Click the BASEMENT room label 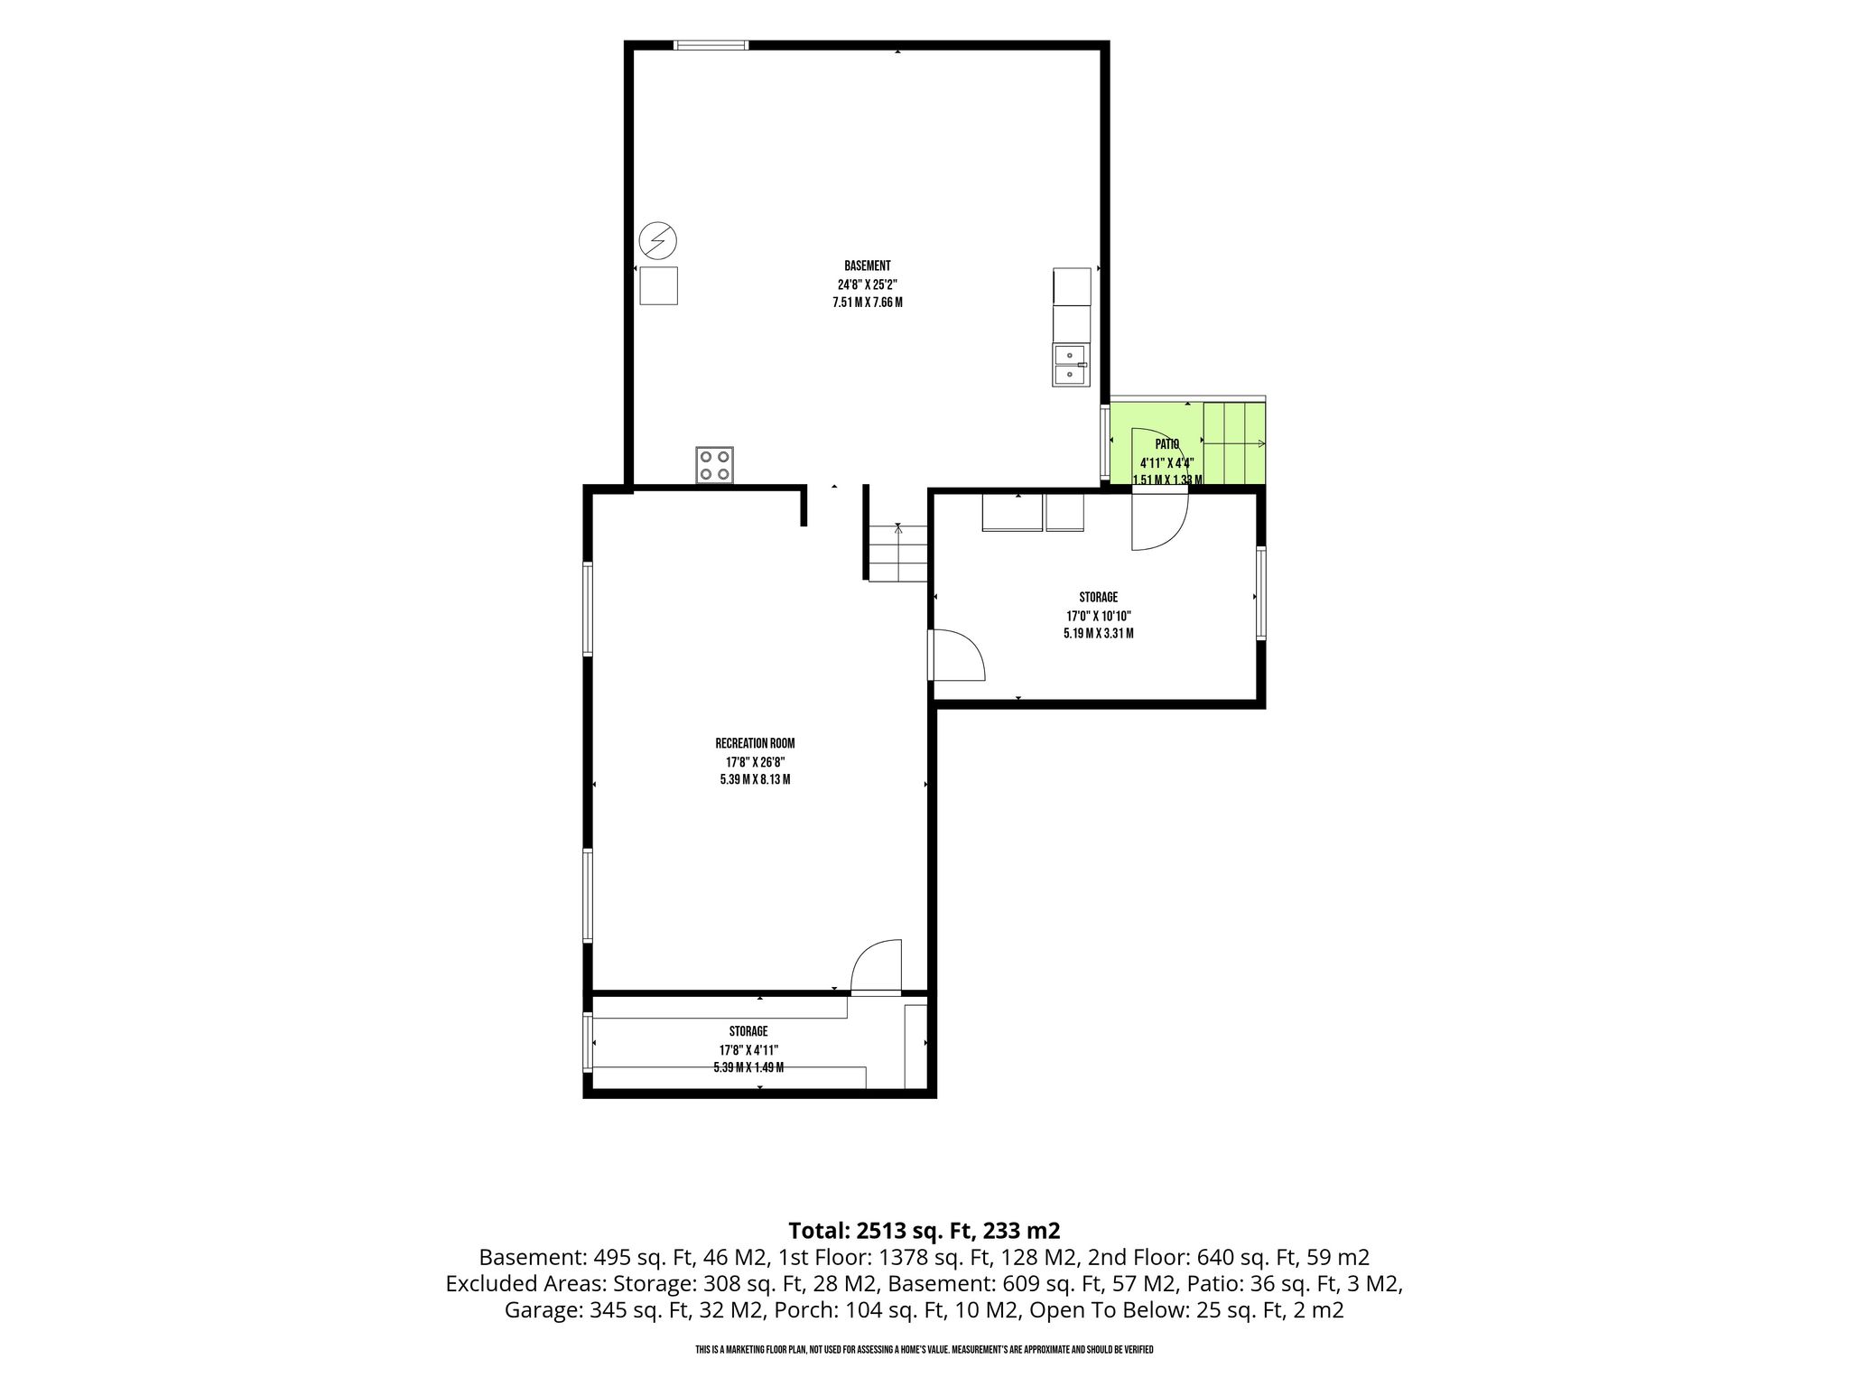coord(868,265)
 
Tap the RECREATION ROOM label coord(755,743)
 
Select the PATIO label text coord(1167,444)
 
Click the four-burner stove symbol coord(714,465)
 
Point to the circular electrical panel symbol coord(657,241)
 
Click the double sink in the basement coord(1071,366)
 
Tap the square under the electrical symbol coord(658,285)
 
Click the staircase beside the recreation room coord(898,553)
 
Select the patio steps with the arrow coord(1234,443)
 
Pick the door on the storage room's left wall coord(957,654)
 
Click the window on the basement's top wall coord(711,45)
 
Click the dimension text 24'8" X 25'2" coord(868,284)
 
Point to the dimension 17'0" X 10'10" coord(1098,616)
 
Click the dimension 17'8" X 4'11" coord(748,1049)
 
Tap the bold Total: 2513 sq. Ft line coord(924,1230)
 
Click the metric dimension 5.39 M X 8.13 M coord(755,779)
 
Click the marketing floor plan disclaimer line coord(924,1349)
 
